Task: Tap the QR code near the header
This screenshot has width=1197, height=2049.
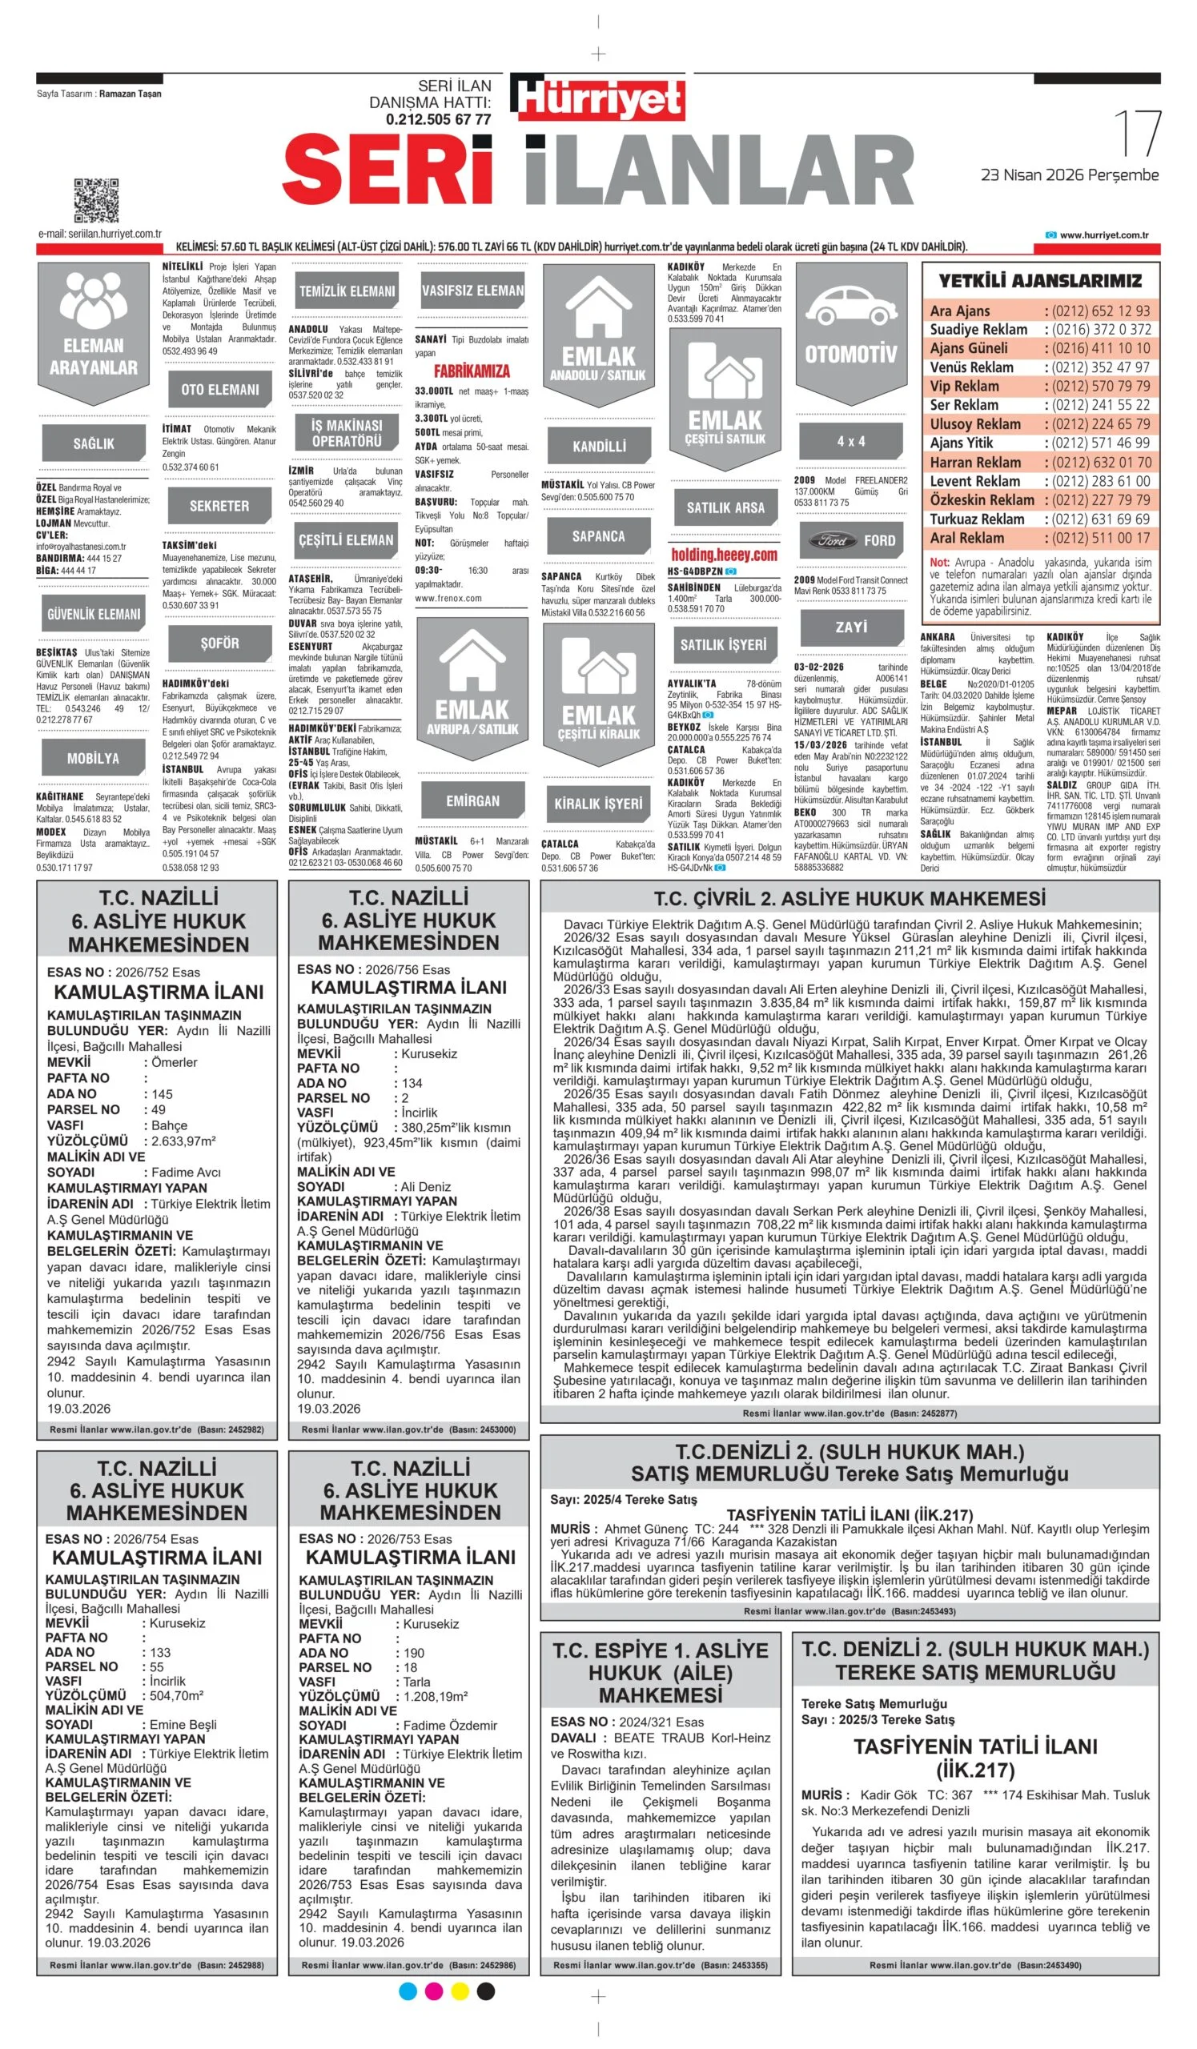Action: point(96,199)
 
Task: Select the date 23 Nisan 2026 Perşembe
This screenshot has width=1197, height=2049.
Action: point(1070,174)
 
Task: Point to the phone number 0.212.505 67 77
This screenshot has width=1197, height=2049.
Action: point(438,119)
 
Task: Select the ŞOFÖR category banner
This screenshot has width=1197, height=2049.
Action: point(219,644)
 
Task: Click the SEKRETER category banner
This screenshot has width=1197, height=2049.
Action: point(219,506)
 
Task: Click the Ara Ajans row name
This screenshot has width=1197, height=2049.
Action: point(959,311)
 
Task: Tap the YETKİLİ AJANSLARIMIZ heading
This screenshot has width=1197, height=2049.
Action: point(1040,281)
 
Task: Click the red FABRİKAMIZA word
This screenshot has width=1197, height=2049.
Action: point(472,371)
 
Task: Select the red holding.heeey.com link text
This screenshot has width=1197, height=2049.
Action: point(724,555)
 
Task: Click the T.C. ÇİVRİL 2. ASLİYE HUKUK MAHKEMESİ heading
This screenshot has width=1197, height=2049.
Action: point(850,899)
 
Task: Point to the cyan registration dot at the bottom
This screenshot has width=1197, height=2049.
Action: point(408,1991)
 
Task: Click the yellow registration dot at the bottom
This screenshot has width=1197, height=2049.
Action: point(460,1991)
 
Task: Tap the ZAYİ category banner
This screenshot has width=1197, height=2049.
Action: point(851,627)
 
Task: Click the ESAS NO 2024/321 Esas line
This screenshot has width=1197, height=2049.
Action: point(627,1722)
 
